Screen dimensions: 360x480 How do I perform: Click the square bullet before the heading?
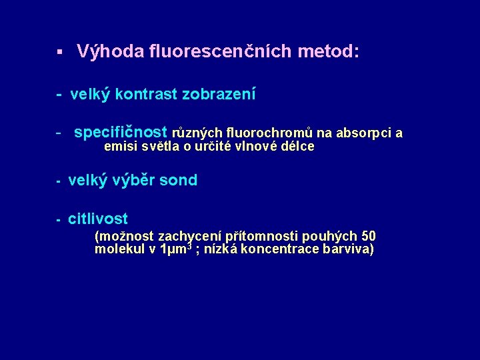click(x=59, y=52)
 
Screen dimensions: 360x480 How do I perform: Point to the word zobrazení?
click(x=219, y=95)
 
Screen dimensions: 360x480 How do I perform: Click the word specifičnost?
click(x=121, y=133)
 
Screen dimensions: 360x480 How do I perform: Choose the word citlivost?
click(x=98, y=219)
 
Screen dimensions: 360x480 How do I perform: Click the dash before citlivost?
click(x=59, y=219)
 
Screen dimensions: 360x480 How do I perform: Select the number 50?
click(x=368, y=237)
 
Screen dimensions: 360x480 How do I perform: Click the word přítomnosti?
click(x=263, y=237)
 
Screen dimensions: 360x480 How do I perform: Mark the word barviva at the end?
click(x=346, y=250)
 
